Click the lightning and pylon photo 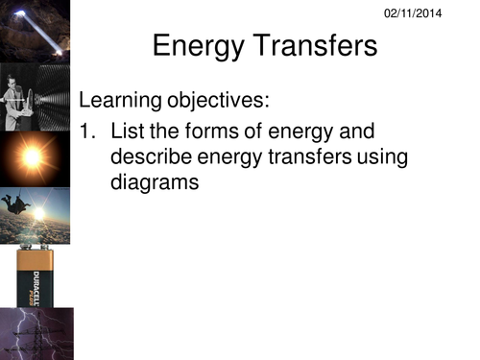coord(36,333)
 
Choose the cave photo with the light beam coord(35,31)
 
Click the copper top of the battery coord(35,258)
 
